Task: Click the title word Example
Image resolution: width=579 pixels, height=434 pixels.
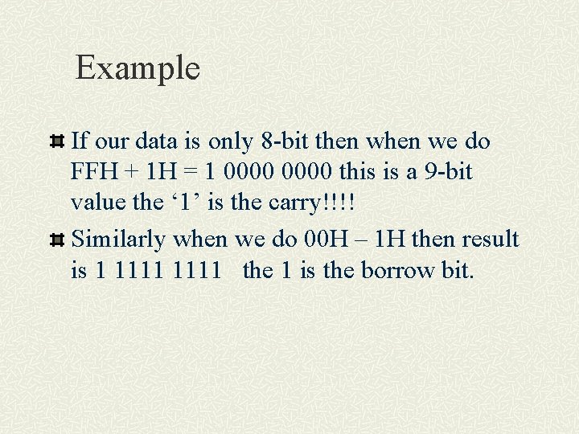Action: (137, 68)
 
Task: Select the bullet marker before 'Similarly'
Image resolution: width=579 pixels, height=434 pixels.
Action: (57, 240)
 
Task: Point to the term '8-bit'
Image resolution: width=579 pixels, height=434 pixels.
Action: (286, 141)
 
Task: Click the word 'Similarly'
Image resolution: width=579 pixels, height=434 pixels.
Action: (120, 239)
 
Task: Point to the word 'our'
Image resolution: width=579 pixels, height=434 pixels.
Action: (113, 142)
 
